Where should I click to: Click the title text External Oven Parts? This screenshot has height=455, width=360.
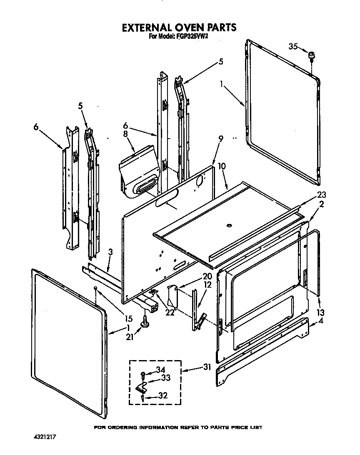[x=179, y=27]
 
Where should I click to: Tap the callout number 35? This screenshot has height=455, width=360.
[x=293, y=47]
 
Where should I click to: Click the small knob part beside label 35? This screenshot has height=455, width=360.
[x=311, y=55]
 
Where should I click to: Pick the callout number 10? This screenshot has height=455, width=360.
[x=221, y=166]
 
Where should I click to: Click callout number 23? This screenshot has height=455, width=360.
[x=321, y=194]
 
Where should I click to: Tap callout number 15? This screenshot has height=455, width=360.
[x=128, y=319]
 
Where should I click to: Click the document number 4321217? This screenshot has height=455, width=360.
[x=45, y=438]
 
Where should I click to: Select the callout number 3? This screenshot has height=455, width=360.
[x=110, y=251]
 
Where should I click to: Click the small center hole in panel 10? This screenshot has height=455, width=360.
[x=229, y=226]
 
